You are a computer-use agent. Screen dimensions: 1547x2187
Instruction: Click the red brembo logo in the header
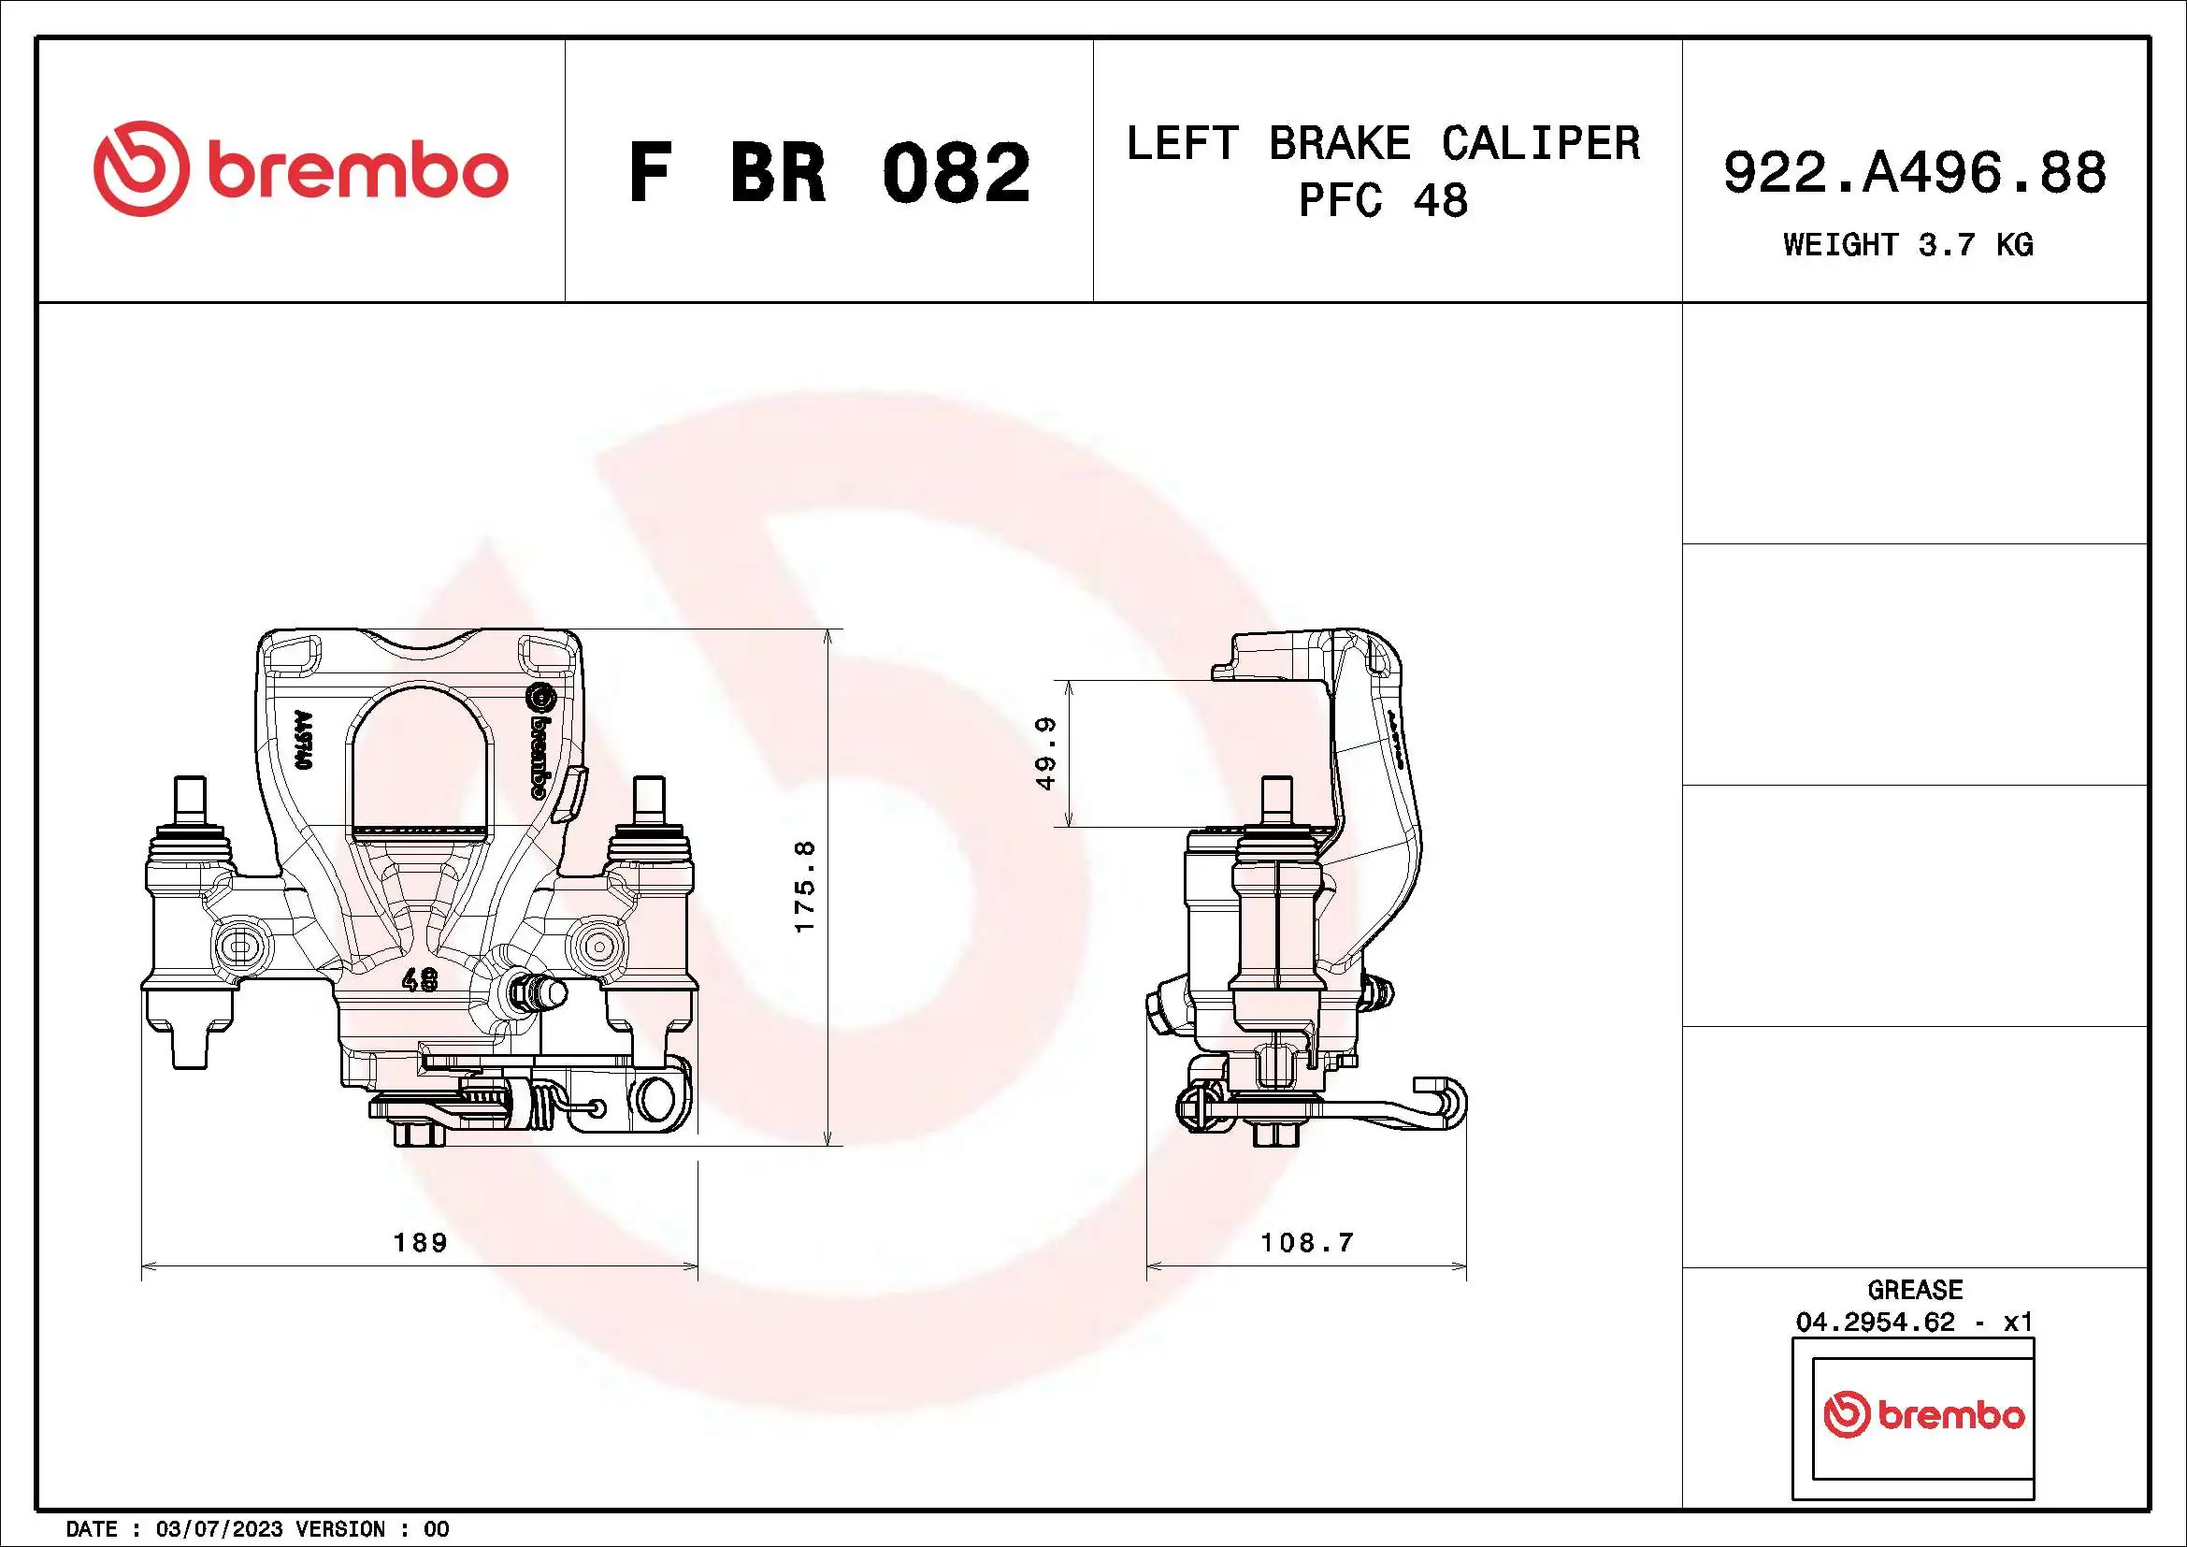click(300, 169)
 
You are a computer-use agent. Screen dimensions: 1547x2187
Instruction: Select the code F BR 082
click(828, 173)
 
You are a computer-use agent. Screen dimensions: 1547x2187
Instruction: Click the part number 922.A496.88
click(1915, 173)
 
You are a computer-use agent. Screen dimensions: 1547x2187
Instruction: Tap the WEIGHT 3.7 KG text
click(1908, 246)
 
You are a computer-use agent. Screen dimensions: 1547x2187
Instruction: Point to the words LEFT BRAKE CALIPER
click(1383, 144)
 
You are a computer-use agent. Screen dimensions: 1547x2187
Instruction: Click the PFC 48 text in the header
click(1383, 202)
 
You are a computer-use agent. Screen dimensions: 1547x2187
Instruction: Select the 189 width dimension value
click(420, 1242)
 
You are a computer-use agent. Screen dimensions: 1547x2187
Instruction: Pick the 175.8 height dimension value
click(806, 886)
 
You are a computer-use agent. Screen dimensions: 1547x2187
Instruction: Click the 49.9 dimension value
click(1046, 754)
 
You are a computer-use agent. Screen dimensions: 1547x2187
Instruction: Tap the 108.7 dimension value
click(1307, 1242)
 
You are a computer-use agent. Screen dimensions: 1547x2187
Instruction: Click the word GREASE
click(1915, 1290)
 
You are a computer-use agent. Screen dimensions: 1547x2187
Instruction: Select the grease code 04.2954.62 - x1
click(1915, 1323)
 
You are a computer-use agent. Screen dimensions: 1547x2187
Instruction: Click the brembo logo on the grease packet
click(1924, 1414)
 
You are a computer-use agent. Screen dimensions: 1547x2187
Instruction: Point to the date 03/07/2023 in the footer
click(219, 1529)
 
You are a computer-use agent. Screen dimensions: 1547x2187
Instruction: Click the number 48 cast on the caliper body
click(420, 979)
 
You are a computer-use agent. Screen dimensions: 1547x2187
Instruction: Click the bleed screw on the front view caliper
click(539, 993)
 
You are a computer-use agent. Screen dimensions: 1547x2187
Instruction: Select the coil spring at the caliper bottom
click(540, 1107)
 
